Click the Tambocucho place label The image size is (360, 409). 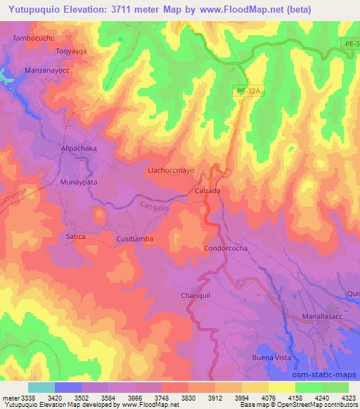tap(34, 37)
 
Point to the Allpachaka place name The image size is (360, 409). tap(79, 150)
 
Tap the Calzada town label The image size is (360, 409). tap(207, 190)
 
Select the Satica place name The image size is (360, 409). tap(76, 237)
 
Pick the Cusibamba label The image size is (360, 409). tap(134, 240)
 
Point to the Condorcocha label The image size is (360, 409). tap(225, 249)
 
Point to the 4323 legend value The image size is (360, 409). tap(347, 398)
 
